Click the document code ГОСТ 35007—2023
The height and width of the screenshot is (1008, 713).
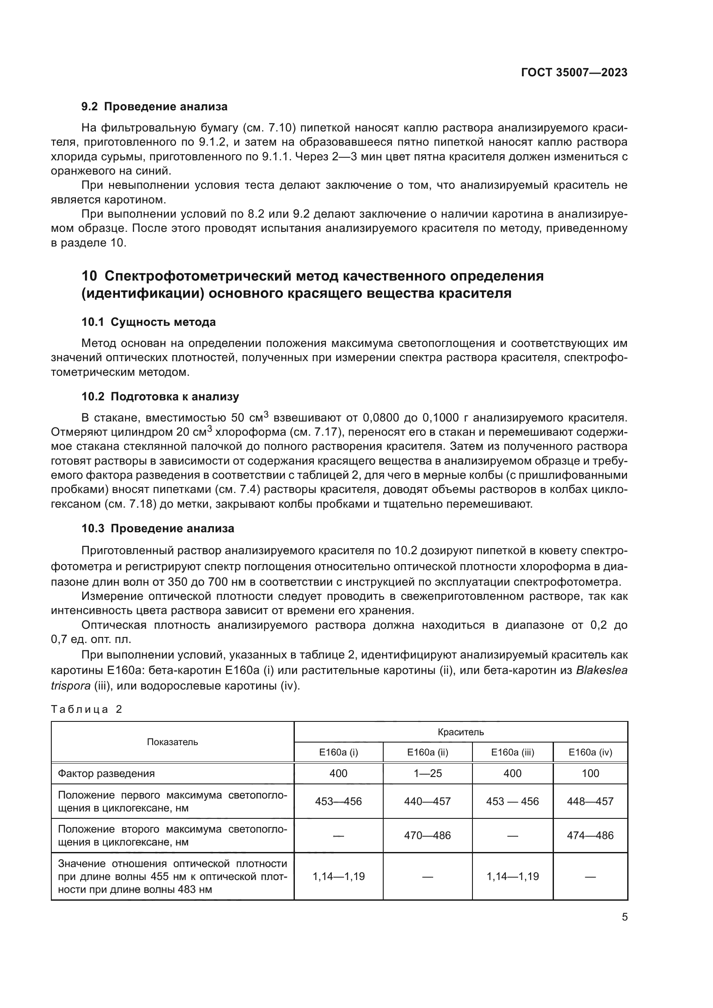[x=574, y=72]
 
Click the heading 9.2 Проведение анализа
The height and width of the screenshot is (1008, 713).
[x=155, y=107]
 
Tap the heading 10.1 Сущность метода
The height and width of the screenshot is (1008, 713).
[x=148, y=322]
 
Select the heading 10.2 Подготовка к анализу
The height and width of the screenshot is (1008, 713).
[x=160, y=396]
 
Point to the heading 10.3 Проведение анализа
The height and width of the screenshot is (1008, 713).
[x=158, y=528]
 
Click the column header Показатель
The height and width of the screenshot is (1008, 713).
[x=172, y=742]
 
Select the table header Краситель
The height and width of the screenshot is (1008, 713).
[x=460, y=732]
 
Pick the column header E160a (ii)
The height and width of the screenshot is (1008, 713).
[x=428, y=752]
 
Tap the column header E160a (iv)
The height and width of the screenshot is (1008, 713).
[x=590, y=752]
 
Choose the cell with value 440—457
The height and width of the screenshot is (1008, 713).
[x=428, y=801]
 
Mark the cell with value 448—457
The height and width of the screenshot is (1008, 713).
[x=590, y=801]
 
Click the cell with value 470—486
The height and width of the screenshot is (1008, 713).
[x=428, y=835]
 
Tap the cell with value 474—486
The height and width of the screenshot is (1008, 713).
[x=590, y=835]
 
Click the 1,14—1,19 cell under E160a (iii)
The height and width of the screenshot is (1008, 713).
[x=513, y=876]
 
